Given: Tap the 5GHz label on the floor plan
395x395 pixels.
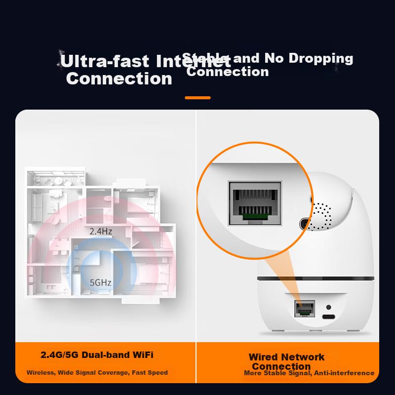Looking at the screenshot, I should pyautogui.click(x=100, y=283).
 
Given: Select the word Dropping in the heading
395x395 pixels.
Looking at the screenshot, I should pyautogui.click(x=321, y=58).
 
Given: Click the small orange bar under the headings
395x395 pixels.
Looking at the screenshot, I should pyautogui.click(x=197, y=98).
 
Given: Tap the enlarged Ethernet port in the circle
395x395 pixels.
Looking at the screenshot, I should pyautogui.click(x=254, y=203).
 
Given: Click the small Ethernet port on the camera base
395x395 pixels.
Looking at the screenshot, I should pyautogui.click(x=304, y=309).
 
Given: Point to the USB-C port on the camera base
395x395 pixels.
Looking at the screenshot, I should pyautogui.click(x=327, y=316).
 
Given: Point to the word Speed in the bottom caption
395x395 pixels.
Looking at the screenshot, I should pyautogui.click(x=158, y=373).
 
